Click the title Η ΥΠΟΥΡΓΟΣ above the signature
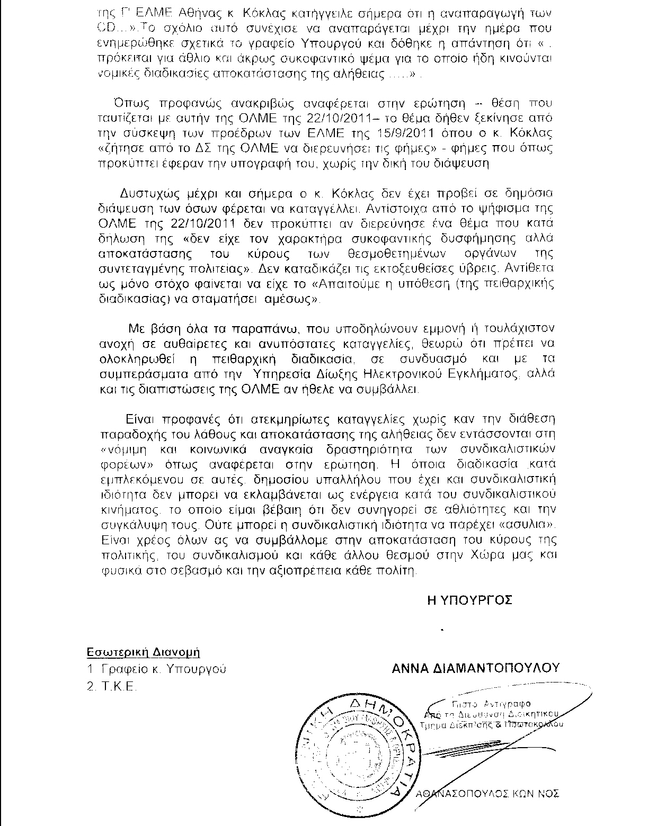469,600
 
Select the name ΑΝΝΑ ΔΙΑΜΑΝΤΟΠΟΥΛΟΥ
475,668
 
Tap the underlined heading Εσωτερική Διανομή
144,652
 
